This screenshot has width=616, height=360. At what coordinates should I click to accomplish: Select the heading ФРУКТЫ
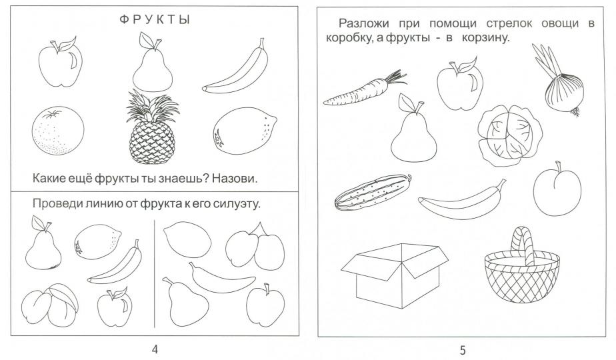[154, 21]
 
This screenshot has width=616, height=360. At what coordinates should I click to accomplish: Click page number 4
[155, 350]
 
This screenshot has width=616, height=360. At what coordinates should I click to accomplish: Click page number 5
[463, 350]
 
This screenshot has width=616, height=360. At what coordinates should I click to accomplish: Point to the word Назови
[234, 179]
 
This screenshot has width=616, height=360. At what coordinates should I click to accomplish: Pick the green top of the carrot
[397, 77]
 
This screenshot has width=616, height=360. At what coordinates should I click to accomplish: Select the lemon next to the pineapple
[244, 127]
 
